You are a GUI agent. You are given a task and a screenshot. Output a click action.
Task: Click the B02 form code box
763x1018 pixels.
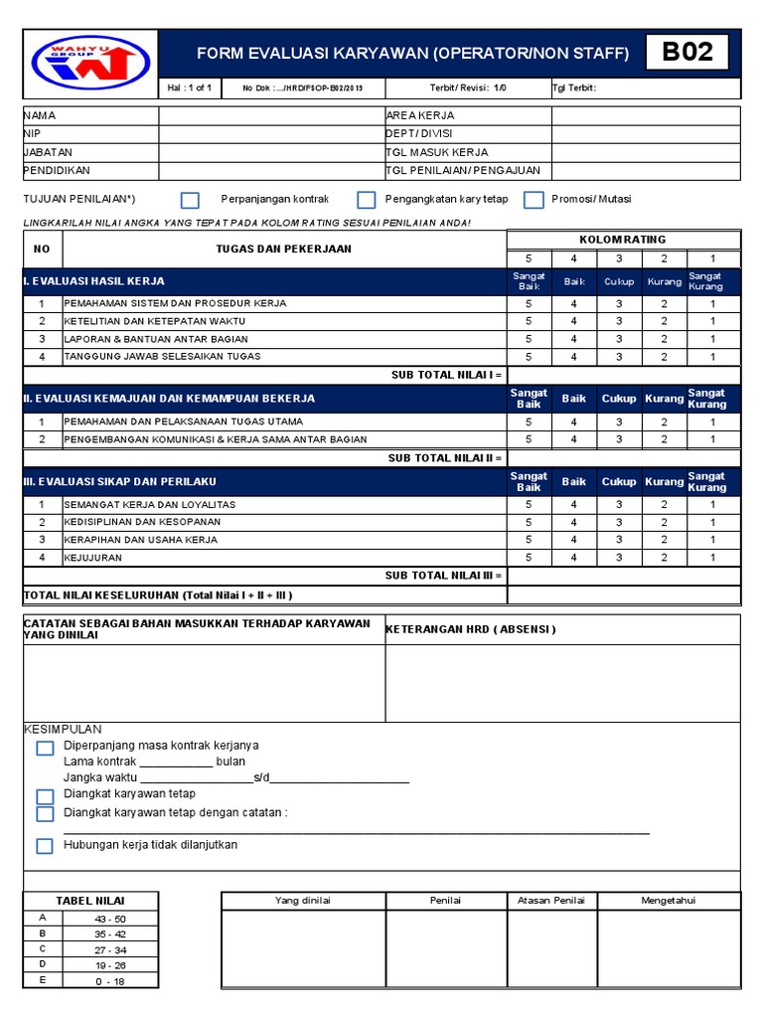tap(687, 53)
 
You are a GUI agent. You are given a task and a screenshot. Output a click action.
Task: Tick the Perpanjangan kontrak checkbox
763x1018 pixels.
tap(190, 200)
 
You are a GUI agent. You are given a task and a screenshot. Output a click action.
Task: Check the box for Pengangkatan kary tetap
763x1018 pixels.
tap(367, 200)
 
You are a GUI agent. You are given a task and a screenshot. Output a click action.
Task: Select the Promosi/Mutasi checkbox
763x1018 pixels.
tap(534, 200)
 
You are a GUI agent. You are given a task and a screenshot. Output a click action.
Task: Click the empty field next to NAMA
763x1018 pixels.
tap(271, 116)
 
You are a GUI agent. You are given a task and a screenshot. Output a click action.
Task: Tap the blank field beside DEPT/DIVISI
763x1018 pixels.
tap(646, 134)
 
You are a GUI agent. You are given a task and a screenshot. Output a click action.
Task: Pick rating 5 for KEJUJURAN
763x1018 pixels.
tap(529, 558)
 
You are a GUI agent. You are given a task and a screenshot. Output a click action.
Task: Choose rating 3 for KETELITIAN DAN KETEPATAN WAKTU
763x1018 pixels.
tap(618, 321)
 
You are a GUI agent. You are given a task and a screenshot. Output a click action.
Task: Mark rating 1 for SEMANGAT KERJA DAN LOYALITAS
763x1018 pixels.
tap(711, 504)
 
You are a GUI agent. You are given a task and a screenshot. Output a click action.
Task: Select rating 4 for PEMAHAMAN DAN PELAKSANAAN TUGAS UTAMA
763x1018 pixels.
tap(573, 422)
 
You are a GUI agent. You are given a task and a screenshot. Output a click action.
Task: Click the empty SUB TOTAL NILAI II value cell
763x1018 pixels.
tap(624, 458)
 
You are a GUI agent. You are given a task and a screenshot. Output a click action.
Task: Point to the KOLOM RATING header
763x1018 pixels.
tap(623, 240)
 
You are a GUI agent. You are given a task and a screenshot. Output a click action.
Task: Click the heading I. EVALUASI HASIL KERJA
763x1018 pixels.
tap(94, 281)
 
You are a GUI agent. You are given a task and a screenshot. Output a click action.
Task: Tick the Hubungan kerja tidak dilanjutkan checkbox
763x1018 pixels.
tap(45, 846)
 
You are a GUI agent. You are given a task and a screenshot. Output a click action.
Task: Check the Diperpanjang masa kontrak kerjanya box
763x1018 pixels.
tap(45, 748)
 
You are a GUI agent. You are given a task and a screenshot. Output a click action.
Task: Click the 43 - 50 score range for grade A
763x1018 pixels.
tap(109, 919)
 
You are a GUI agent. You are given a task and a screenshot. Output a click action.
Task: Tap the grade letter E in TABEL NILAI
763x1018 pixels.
tap(42, 980)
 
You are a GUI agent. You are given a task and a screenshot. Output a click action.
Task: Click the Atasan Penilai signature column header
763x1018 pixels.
tap(551, 901)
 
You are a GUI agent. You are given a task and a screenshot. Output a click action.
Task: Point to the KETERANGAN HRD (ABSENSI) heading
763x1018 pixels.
tap(470, 629)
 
